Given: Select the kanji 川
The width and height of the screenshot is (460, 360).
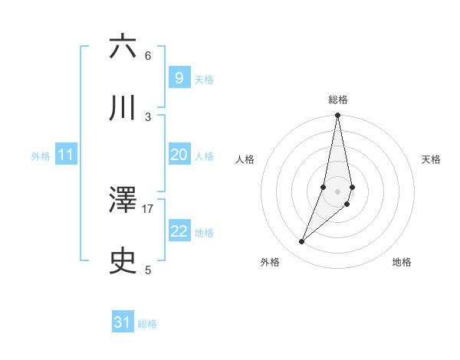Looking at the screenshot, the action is coord(123,109).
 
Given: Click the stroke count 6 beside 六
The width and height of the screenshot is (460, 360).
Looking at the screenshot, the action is coord(148,55).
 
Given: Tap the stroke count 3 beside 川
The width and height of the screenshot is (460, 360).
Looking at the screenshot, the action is coord(148,116).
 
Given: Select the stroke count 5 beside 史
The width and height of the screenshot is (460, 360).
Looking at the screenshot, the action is coord(148,270).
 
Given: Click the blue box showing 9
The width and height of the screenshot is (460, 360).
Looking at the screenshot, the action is coord(179,77).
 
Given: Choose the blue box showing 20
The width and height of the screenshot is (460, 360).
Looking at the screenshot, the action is coord(179,155).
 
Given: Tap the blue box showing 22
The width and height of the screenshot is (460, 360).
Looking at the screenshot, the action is coord(179,231).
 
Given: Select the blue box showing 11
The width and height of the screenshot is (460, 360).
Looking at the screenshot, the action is coord(66,155).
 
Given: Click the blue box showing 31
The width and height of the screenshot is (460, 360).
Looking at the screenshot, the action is coord(123,322).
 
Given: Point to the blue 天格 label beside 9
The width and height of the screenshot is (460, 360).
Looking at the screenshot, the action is coord(204,79).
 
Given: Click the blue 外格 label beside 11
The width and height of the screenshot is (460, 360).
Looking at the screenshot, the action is coord(41,156).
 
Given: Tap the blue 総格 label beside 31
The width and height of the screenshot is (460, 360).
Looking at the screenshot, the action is coord(147,324).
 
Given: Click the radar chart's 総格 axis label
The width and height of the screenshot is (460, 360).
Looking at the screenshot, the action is coord(337,100).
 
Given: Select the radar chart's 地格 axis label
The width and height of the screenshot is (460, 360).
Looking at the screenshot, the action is coord(402,262).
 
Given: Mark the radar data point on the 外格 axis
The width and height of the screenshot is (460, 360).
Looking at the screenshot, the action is coord(302,242).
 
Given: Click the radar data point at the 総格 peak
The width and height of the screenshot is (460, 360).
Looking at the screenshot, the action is coord(337,116).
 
